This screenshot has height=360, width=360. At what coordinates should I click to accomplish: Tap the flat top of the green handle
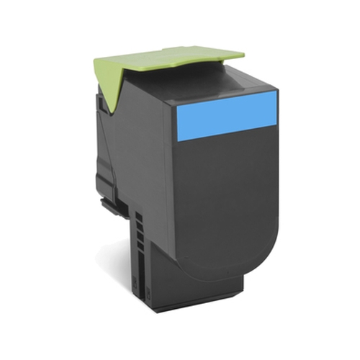[x=173, y=58]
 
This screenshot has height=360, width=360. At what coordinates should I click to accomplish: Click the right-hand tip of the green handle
[x=241, y=52]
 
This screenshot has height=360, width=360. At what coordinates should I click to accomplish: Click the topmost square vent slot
[x=137, y=216]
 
